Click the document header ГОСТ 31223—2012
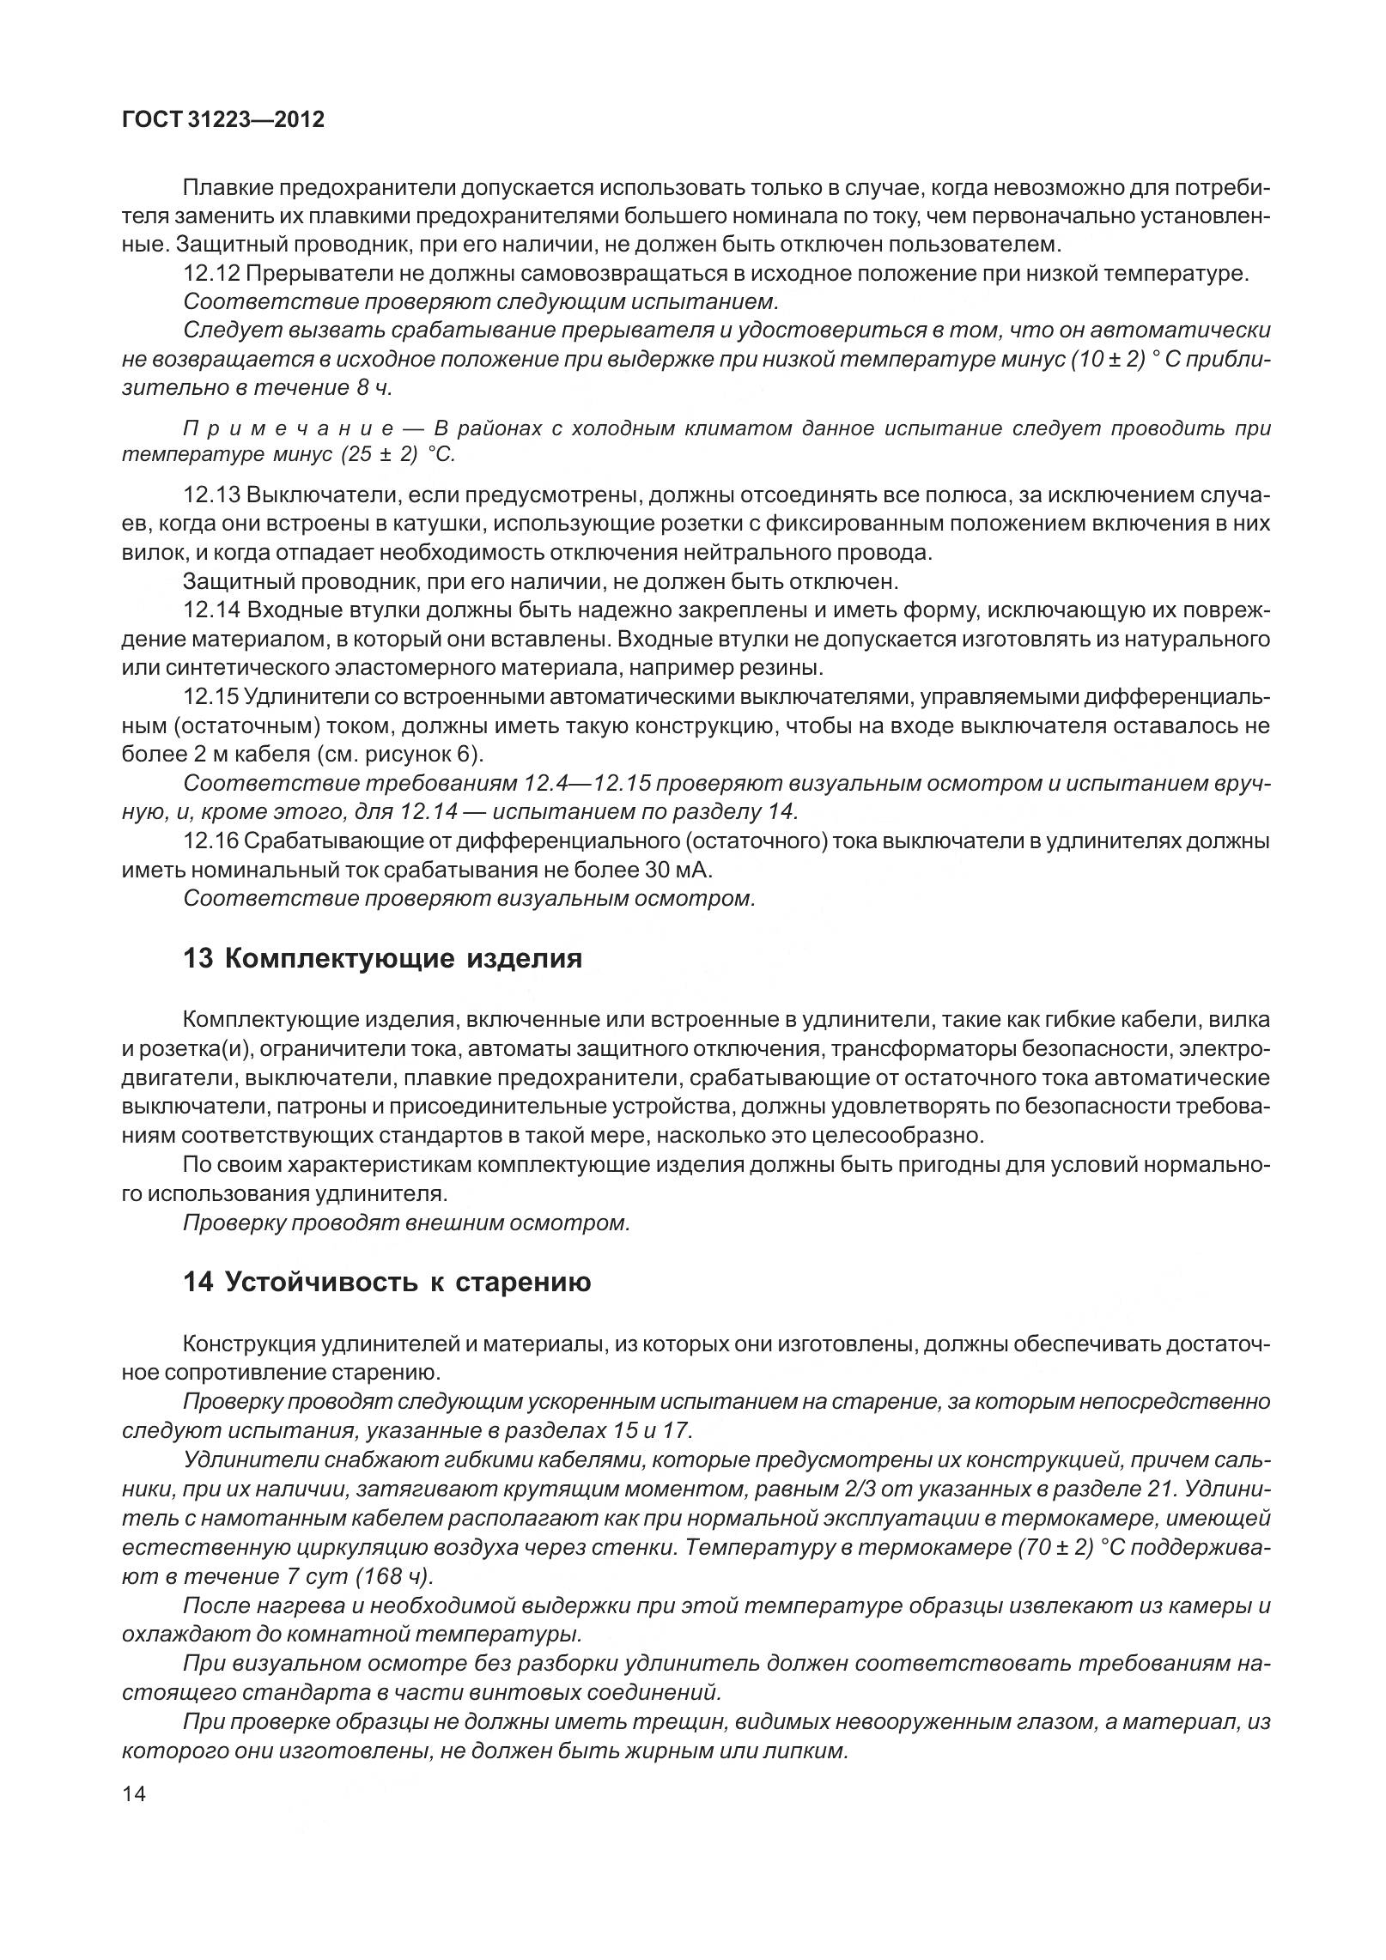point(223,120)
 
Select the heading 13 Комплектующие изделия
point(382,958)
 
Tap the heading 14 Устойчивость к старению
point(386,1283)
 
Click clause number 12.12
point(211,275)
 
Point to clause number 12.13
point(211,495)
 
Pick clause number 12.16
point(211,841)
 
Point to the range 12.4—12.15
point(583,783)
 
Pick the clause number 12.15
point(211,697)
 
